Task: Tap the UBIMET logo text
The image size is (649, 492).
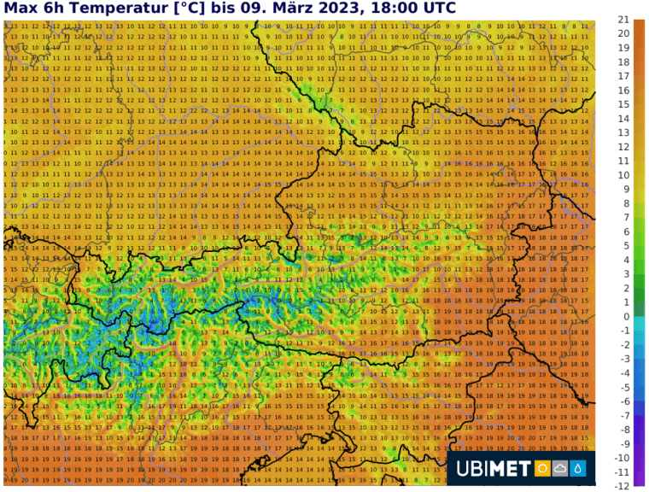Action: [x=493, y=468]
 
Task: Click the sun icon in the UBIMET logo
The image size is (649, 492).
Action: [x=542, y=468]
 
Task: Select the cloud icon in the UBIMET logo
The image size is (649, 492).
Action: [x=560, y=468]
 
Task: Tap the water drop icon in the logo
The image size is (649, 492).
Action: [x=578, y=468]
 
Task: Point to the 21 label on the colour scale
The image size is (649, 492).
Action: [x=624, y=19]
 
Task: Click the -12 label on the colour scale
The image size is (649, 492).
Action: [x=623, y=485]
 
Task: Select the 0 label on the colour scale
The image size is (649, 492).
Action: [x=626, y=316]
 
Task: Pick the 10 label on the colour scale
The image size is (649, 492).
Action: [x=624, y=175]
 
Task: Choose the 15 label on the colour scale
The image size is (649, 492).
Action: [x=624, y=104]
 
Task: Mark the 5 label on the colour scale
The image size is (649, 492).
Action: [x=626, y=245]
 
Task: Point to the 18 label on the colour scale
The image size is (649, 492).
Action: [x=624, y=61]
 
